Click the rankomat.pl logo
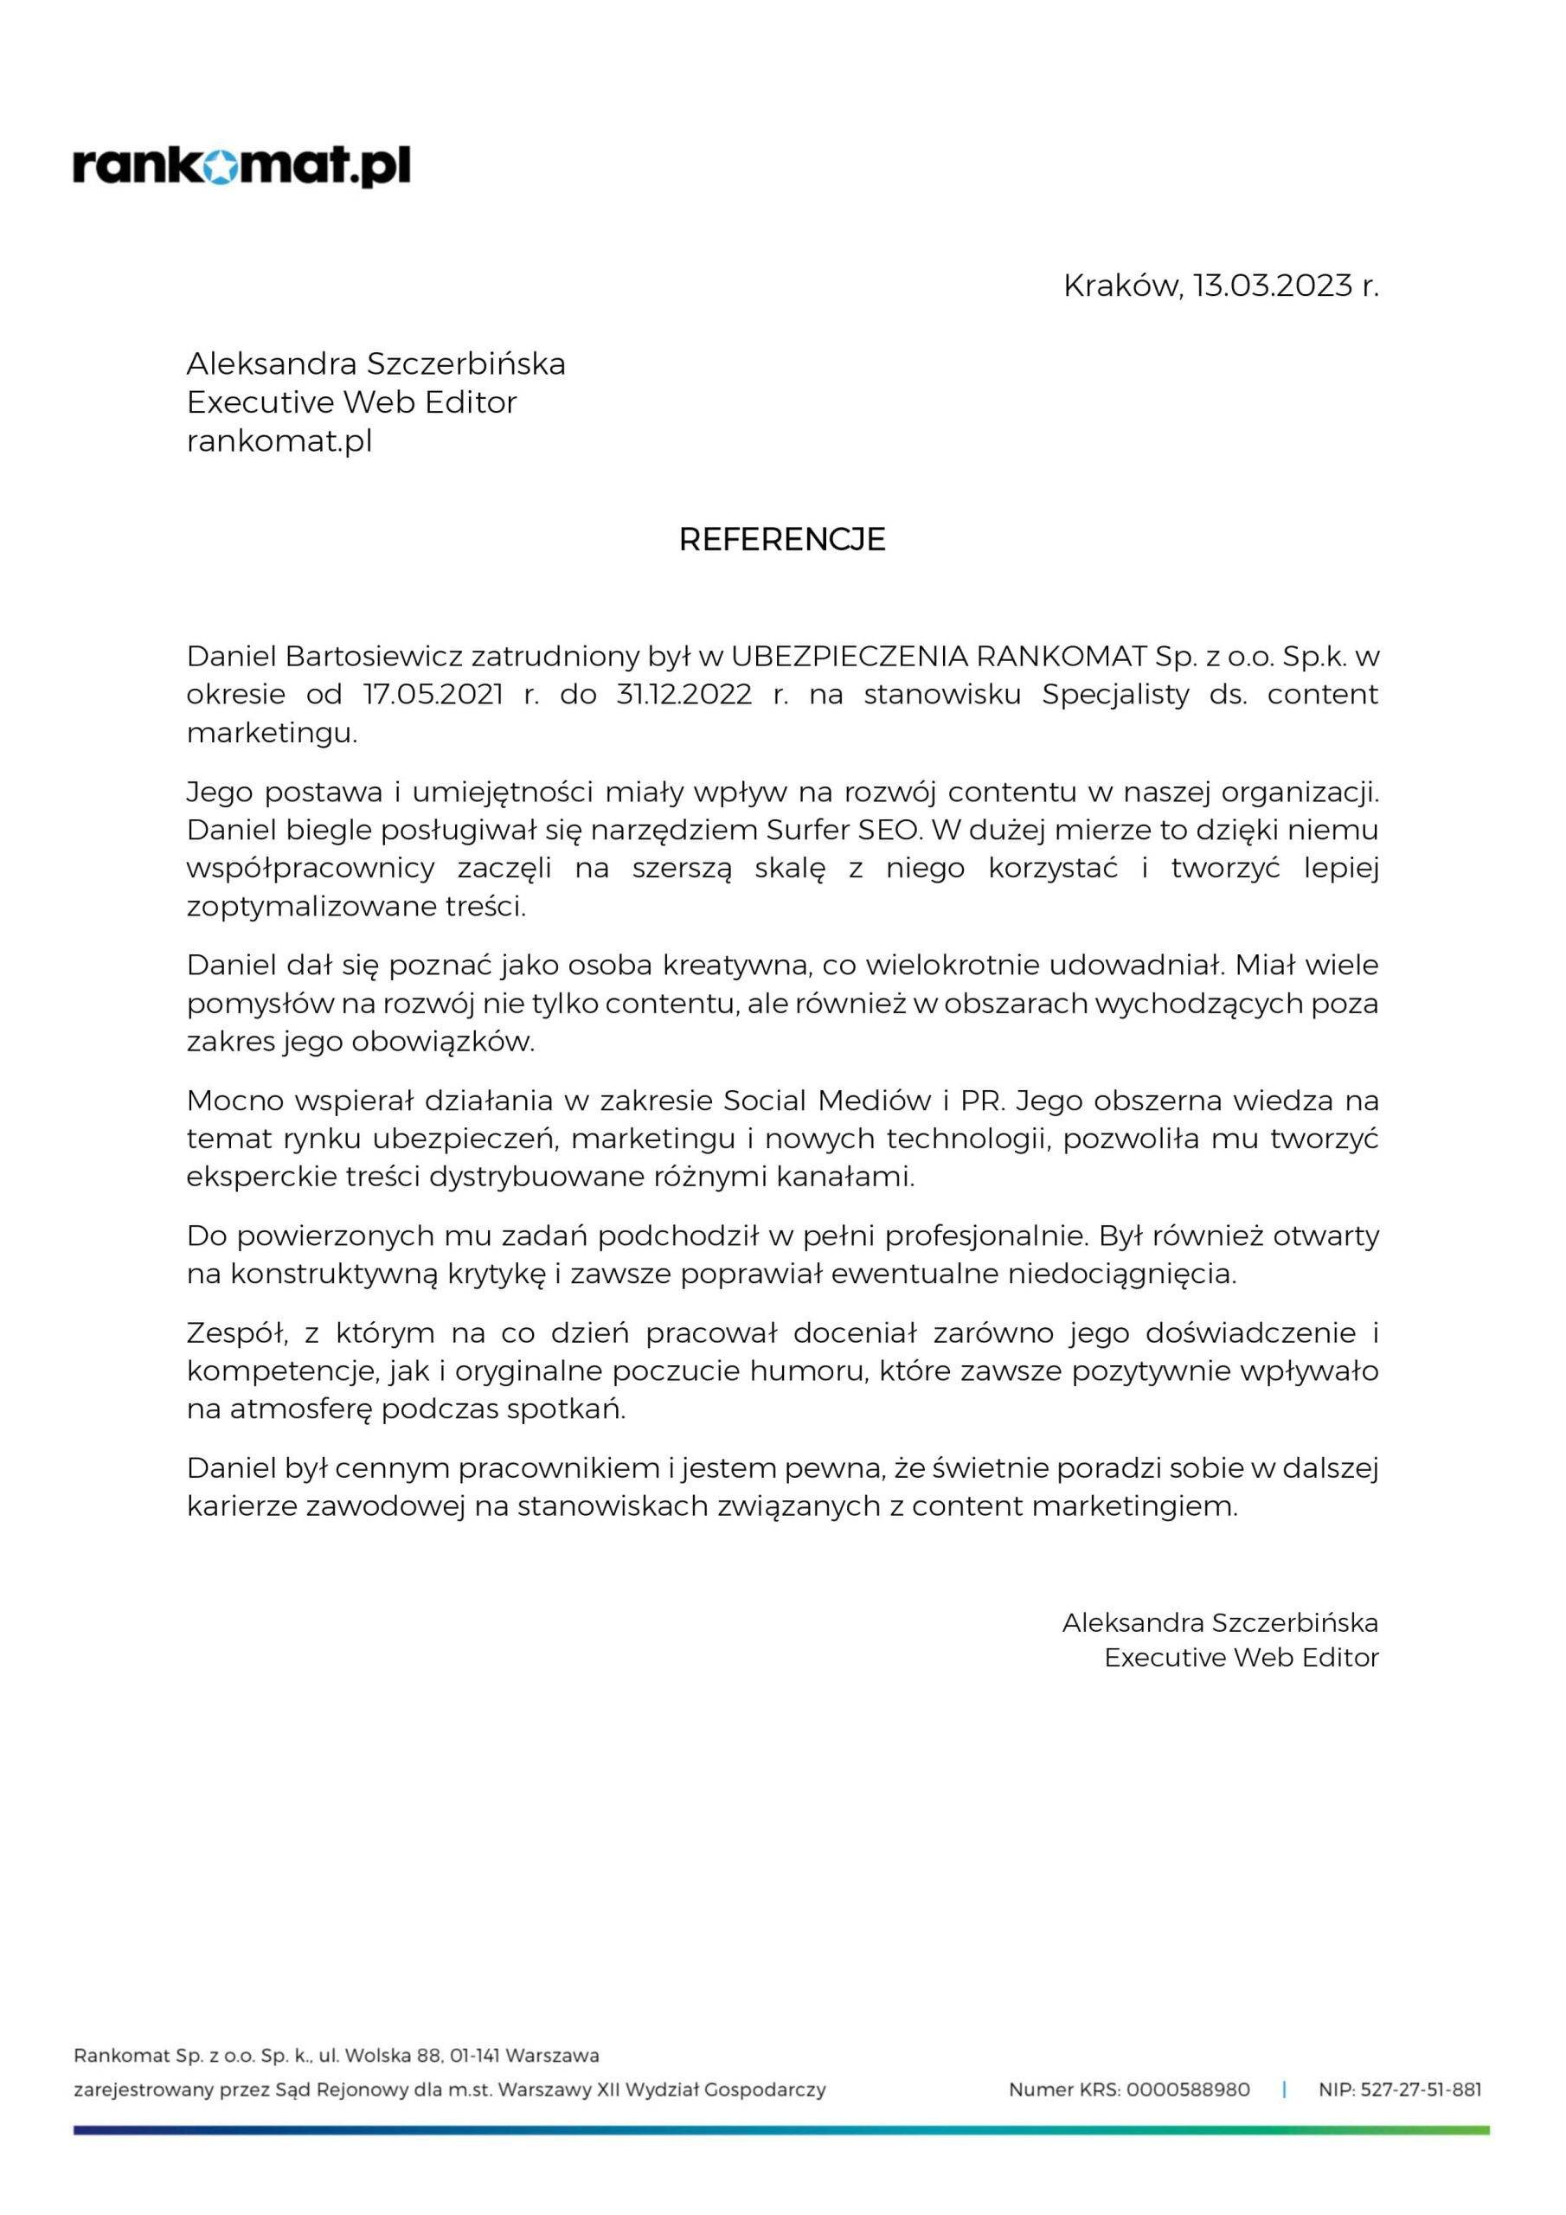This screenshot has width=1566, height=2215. (241, 167)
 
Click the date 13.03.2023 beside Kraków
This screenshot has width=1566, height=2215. (1272, 286)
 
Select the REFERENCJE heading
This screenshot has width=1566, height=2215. (781, 539)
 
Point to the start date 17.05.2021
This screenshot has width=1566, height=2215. (433, 695)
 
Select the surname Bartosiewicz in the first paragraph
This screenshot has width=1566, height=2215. (371, 656)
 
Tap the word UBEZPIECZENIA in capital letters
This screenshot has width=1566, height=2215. (849, 656)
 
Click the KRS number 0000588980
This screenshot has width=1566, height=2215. (1188, 2090)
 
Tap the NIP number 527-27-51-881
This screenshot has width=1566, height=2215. (1421, 2090)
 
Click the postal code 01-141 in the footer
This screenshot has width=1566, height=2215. (475, 2056)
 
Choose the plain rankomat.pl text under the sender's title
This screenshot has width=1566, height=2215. (279, 441)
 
